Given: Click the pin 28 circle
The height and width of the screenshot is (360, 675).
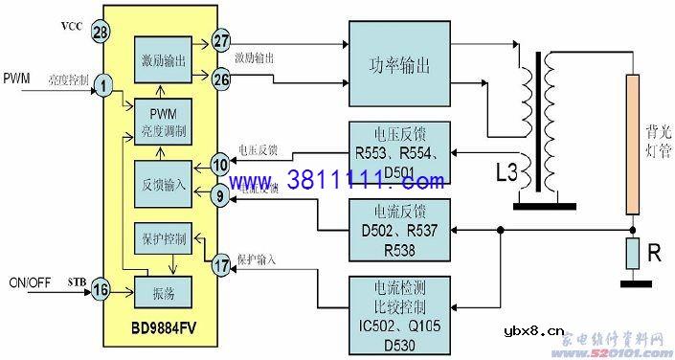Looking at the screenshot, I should (101, 34).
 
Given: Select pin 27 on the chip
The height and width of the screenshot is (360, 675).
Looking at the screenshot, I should (222, 41).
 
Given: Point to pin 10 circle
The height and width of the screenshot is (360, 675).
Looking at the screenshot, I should (220, 165).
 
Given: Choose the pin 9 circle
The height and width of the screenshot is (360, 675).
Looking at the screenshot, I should (220, 196).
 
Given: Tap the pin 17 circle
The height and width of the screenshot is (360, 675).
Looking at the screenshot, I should (220, 265).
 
